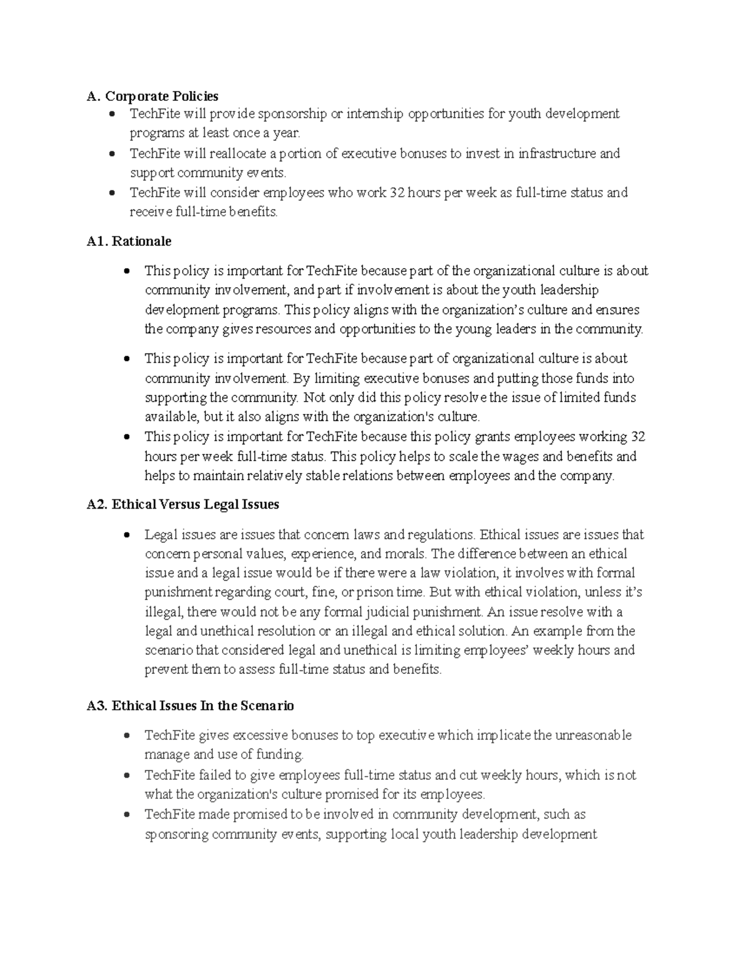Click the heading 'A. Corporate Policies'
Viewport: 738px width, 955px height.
153,96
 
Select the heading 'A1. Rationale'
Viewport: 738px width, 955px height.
129,241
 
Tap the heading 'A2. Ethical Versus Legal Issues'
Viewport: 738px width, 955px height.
183,504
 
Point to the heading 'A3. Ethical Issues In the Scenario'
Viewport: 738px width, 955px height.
191,705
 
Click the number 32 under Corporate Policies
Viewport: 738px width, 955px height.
397,193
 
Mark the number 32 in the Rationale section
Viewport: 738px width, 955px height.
638,437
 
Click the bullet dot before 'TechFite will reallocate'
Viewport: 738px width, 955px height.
111,154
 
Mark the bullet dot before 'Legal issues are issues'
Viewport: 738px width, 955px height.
126,534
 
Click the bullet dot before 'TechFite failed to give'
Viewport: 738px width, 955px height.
126,775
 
